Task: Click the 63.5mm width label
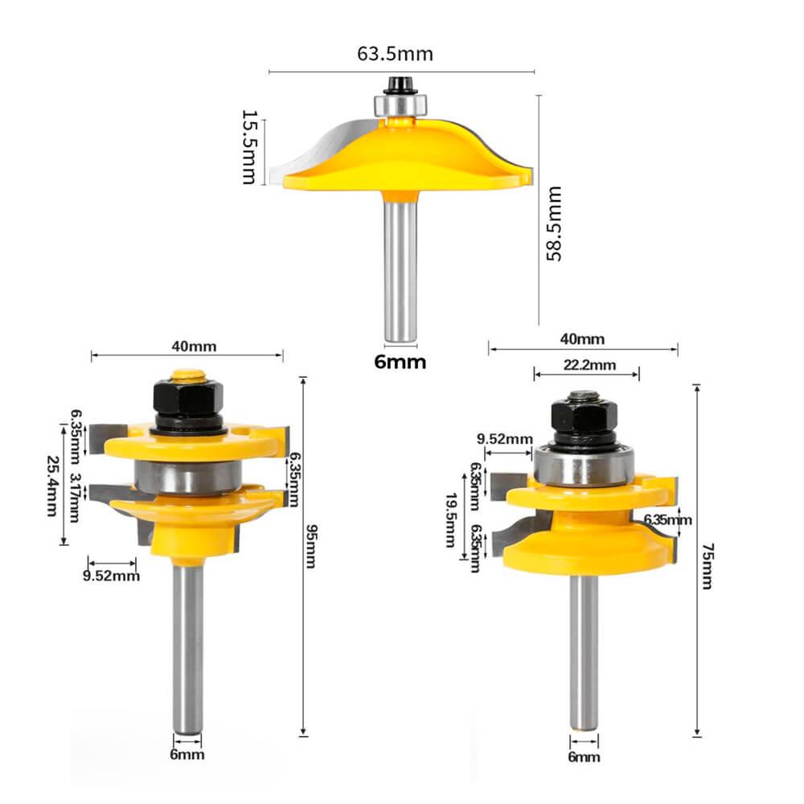395,54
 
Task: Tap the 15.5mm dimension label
249,146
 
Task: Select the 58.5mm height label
554,224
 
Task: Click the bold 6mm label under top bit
400,362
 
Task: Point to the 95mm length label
311,546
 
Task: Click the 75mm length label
707,566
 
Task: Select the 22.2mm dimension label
589,365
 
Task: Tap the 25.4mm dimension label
52,486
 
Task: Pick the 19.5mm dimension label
451,520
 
